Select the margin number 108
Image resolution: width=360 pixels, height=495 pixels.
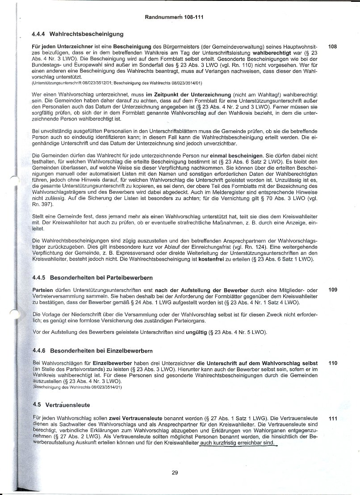tap(332, 46)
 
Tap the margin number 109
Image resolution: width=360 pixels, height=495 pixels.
tap(332, 290)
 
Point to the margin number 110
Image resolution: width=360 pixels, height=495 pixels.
tap(332, 363)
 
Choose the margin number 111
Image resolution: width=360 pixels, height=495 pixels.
tap(332, 419)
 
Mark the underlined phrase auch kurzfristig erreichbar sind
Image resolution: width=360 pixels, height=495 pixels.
tap(238, 443)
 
